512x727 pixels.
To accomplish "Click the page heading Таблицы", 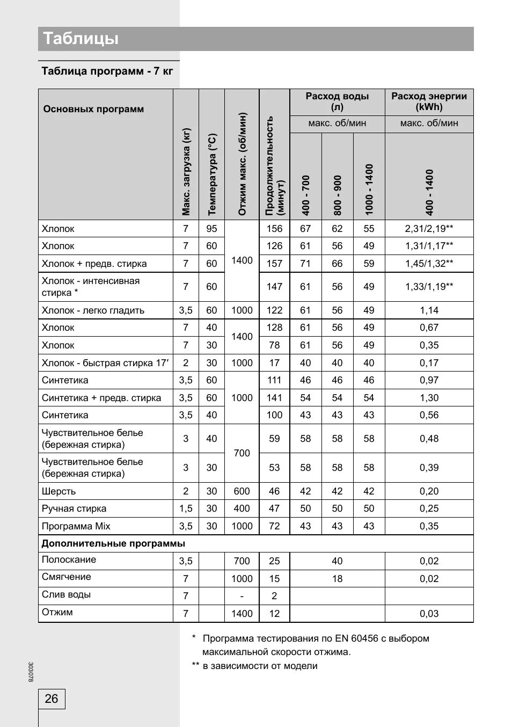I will click(81, 39).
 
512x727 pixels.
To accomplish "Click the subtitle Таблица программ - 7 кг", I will click(107, 71).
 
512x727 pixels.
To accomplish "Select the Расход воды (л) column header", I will click(337, 101).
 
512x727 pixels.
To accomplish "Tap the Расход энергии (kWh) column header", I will click(429, 101).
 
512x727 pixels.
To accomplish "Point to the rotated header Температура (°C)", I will click(212, 175).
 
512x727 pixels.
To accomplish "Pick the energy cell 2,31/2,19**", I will click(429, 229).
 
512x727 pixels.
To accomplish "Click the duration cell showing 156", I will click(274, 229).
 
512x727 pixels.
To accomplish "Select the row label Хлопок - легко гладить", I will click(93, 310).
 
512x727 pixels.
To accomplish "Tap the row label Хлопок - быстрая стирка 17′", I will click(105, 363).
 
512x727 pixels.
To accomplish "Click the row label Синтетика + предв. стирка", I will click(101, 398).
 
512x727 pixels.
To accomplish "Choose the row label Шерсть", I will click(59, 491).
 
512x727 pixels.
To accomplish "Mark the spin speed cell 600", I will click(242, 491).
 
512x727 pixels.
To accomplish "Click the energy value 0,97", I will click(429, 380).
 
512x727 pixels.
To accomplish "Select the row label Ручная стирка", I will click(74, 508).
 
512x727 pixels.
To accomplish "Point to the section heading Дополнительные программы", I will click(113, 543).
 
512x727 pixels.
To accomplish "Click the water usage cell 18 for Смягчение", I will click(337, 579).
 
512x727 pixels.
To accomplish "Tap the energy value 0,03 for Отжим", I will click(429, 614).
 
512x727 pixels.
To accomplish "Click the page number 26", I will click(52, 699).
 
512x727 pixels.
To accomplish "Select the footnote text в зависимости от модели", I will click(260, 666).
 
